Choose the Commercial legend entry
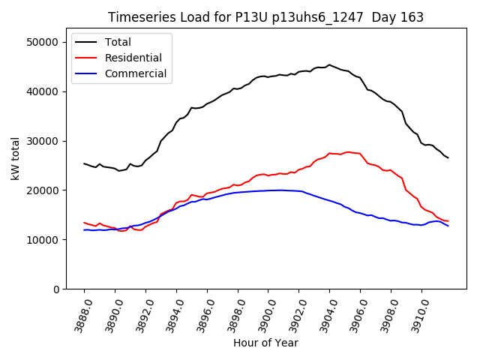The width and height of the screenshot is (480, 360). pyautogui.click(x=136, y=73)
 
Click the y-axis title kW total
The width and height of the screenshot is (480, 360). pyautogui.click(x=15, y=158)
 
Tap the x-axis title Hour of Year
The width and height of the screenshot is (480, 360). pyautogui.click(x=265, y=343)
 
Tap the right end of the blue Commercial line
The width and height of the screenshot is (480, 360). pyautogui.click(x=448, y=226)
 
